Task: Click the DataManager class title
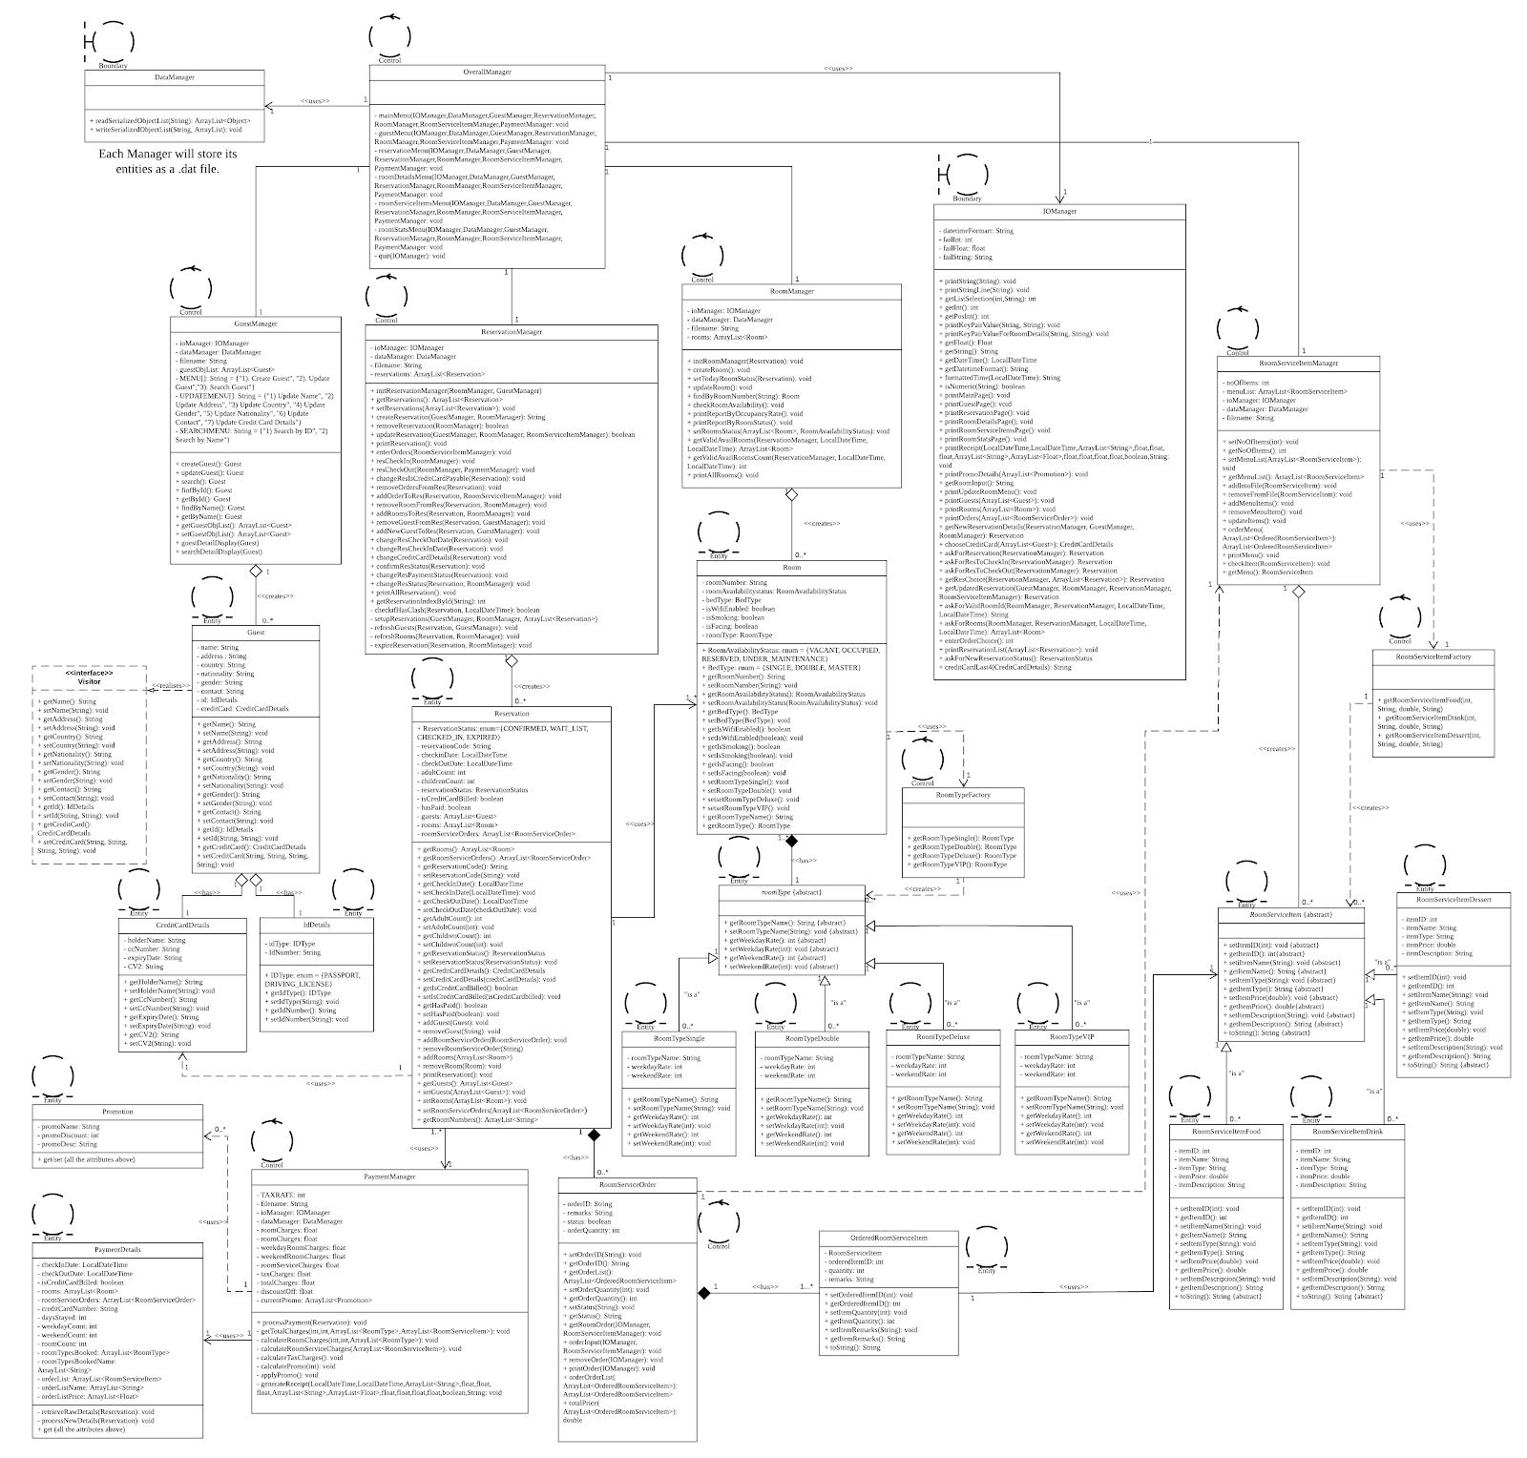pyautogui.click(x=175, y=77)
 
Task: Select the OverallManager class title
pyautogui.click(x=487, y=72)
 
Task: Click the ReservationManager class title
pyautogui.click(x=512, y=332)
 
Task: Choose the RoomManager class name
pyautogui.click(x=791, y=291)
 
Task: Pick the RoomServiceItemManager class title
pyautogui.click(x=1299, y=364)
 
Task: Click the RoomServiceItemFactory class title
pyautogui.click(x=1433, y=657)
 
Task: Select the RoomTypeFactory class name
pyautogui.click(x=965, y=794)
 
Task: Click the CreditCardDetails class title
pyautogui.click(x=181, y=925)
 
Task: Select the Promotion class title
pyautogui.click(x=118, y=1112)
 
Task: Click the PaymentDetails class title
pyautogui.click(x=118, y=1249)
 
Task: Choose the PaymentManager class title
pyautogui.click(x=389, y=1177)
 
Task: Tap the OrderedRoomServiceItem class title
pyautogui.click(x=889, y=1238)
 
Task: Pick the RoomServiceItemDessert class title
pyautogui.click(x=1454, y=899)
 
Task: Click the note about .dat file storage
pyautogui.click(x=168, y=160)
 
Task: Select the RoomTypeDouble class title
pyautogui.click(x=811, y=1038)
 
